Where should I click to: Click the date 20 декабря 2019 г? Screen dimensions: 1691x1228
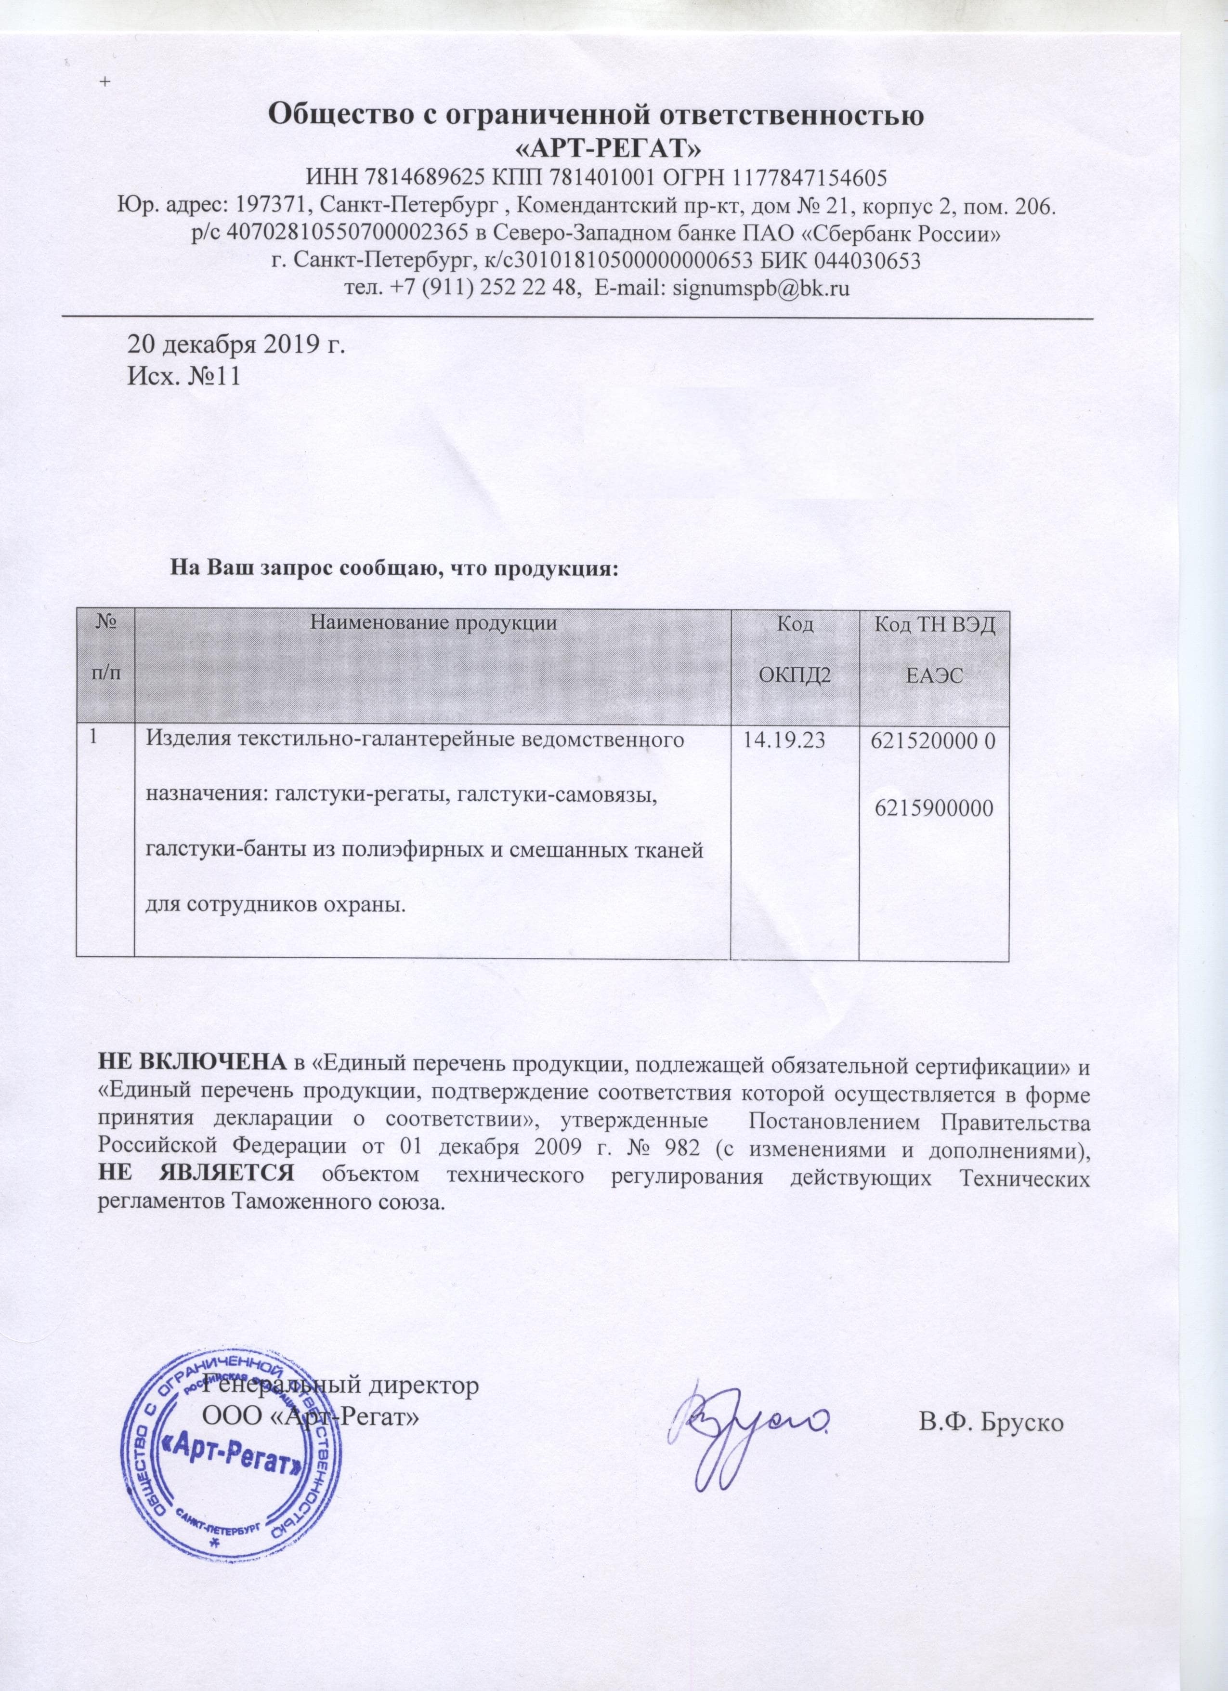(237, 345)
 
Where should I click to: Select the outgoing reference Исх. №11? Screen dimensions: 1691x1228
(183, 374)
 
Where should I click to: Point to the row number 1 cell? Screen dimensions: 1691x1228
(95, 737)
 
